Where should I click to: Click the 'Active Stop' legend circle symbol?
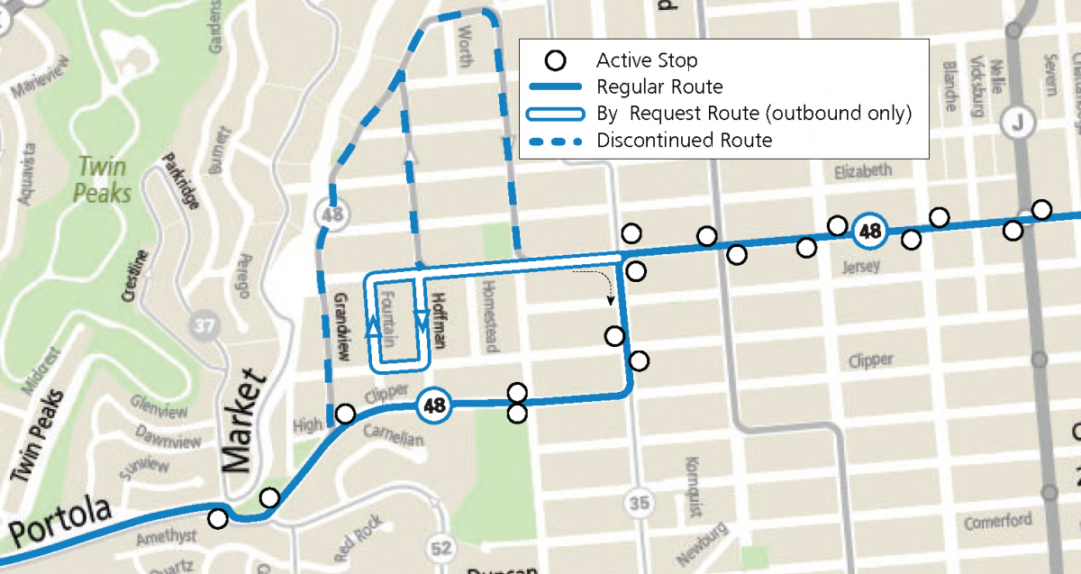[557, 61]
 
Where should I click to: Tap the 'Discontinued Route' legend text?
[684, 141]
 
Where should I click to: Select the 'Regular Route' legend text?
[659, 87]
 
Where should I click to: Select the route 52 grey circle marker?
[441, 546]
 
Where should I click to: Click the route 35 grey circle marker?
[640, 503]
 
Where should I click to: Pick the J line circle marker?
[1018, 121]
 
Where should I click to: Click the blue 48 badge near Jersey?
[869, 231]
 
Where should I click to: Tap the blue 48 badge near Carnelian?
[434, 405]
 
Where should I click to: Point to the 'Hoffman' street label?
[439, 321]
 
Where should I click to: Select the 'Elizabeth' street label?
[863, 170]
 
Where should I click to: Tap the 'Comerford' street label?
[997, 521]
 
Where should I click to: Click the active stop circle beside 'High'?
[344, 414]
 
